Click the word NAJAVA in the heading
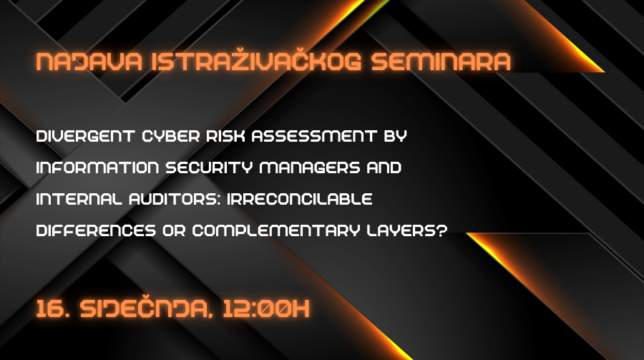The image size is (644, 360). pyautogui.click(x=89, y=62)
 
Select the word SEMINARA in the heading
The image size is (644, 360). pyautogui.click(x=441, y=62)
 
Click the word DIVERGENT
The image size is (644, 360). pyautogui.click(x=85, y=136)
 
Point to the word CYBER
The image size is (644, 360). pyautogui.click(x=170, y=136)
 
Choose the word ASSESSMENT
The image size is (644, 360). pyautogui.click(x=314, y=136)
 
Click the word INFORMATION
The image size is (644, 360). pyautogui.click(x=97, y=167)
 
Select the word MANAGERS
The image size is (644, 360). pyautogui.click(x=310, y=167)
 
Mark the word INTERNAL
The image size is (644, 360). pyautogui.click(x=79, y=199)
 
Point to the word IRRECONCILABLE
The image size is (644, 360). pyautogui.click(x=300, y=199)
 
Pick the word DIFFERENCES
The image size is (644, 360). pyautogui.click(x=96, y=230)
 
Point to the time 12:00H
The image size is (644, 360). pyautogui.click(x=266, y=309)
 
